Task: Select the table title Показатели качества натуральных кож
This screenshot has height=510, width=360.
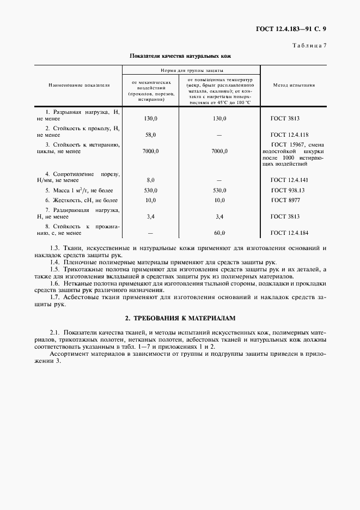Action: (180, 56)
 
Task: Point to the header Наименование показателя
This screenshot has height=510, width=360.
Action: (79, 86)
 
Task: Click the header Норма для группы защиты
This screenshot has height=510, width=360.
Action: (191, 71)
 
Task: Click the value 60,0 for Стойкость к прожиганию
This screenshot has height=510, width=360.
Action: (219, 233)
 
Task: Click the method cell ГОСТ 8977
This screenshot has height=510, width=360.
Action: (285, 201)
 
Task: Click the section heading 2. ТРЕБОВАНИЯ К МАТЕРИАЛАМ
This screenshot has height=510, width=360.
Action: (180, 318)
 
